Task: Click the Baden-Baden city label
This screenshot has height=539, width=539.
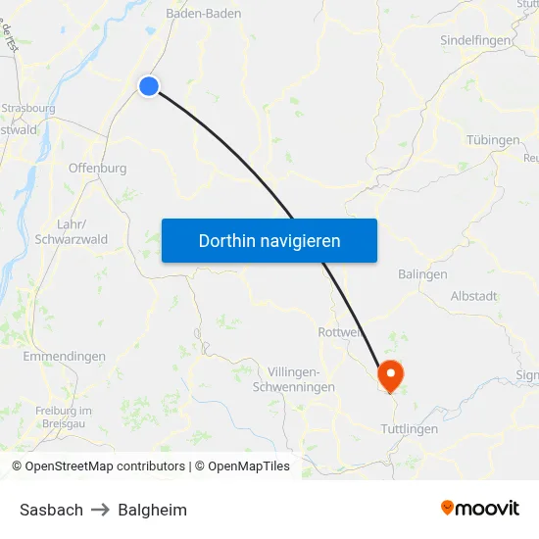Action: (x=204, y=14)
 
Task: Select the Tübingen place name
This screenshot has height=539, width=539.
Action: (x=493, y=140)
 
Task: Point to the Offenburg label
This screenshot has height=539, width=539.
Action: (x=97, y=168)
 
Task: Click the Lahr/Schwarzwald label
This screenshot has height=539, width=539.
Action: (x=71, y=230)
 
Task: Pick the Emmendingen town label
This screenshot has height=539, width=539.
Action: (x=64, y=357)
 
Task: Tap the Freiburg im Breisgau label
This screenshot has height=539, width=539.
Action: (x=63, y=416)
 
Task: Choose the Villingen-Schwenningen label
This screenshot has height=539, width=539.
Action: (x=301, y=379)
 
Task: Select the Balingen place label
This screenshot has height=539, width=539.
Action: (x=422, y=274)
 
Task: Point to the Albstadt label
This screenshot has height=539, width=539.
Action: (x=473, y=296)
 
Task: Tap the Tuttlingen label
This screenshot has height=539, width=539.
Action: (x=409, y=429)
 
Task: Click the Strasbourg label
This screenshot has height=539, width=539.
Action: (x=28, y=109)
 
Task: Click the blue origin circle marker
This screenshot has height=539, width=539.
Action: (x=149, y=86)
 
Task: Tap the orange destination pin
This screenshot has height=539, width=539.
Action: (x=390, y=373)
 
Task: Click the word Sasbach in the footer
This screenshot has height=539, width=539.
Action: (x=51, y=510)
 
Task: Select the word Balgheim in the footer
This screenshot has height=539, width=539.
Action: (x=152, y=510)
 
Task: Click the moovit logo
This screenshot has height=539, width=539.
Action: (x=479, y=508)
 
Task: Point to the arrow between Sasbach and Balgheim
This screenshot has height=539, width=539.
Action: (x=100, y=510)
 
